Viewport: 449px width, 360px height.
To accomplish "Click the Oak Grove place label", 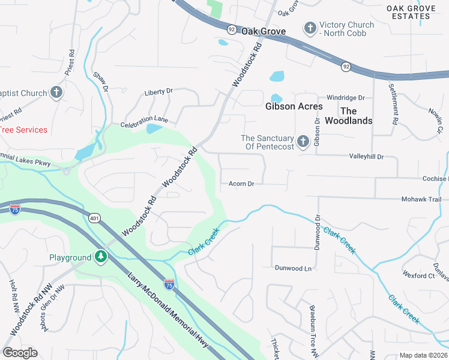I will tap(263, 31).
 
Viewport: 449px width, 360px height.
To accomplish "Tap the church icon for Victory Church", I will tap(310, 28).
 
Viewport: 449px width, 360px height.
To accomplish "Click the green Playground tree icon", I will tap(101, 257).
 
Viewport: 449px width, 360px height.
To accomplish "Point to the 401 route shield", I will tap(94, 218).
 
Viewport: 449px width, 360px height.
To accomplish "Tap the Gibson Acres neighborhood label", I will tap(294, 106).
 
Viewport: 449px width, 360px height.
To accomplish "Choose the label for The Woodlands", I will tap(348, 116).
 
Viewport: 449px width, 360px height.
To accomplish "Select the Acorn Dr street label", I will tap(242, 184).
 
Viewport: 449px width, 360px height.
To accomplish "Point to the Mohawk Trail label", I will tap(421, 199).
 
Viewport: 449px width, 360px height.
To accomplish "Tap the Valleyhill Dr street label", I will tap(366, 156).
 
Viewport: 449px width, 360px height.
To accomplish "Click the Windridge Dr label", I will tap(345, 97).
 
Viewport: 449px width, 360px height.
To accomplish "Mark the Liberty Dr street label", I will tap(158, 92).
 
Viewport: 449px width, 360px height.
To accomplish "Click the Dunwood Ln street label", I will tap(294, 268).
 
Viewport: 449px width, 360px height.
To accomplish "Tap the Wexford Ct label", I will tap(418, 275).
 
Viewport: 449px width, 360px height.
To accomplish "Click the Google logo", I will tap(20, 353).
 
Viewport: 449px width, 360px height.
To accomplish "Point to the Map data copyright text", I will tap(423, 355).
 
